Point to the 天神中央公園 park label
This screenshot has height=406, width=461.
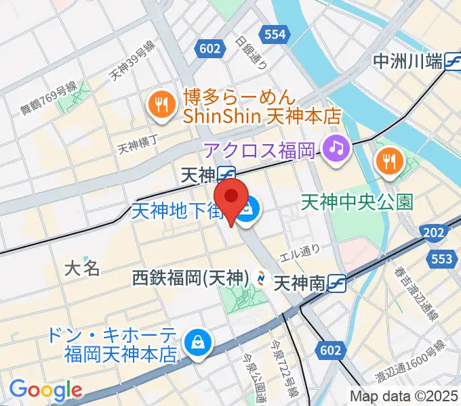pos(357,202)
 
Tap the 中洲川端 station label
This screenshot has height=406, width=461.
pos(408,62)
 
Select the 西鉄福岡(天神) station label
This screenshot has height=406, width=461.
pos(191,277)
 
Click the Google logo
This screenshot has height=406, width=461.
pos(45,389)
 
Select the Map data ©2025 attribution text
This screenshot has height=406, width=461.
pos(404,396)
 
